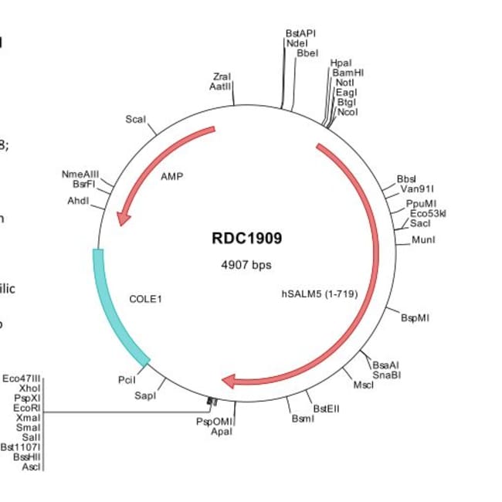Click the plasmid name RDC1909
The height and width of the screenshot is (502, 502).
[x=247, y=239]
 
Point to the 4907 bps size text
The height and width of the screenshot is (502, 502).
[x=246, y=265]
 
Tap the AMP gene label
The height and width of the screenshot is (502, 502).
[x=171, y=176]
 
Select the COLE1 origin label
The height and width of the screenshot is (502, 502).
[x=146, y=297]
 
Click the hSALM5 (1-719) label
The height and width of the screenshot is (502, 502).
[x=319, y=293]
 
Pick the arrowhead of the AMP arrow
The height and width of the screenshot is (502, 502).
[x=122, y=219]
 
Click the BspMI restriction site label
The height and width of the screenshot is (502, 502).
[x=416, y=317]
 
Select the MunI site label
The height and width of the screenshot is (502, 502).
[x=423, y=240]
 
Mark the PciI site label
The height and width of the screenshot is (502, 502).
[x=127, y=380]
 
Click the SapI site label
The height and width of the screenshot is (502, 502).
[x=145, y=395]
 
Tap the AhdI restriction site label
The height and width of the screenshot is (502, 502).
[x=79, y=201]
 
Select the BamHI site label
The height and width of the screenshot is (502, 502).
[x=348, y=72]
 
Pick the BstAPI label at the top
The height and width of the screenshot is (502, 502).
[x=300, y=33]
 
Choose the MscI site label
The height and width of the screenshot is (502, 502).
[x=363, y=385]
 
